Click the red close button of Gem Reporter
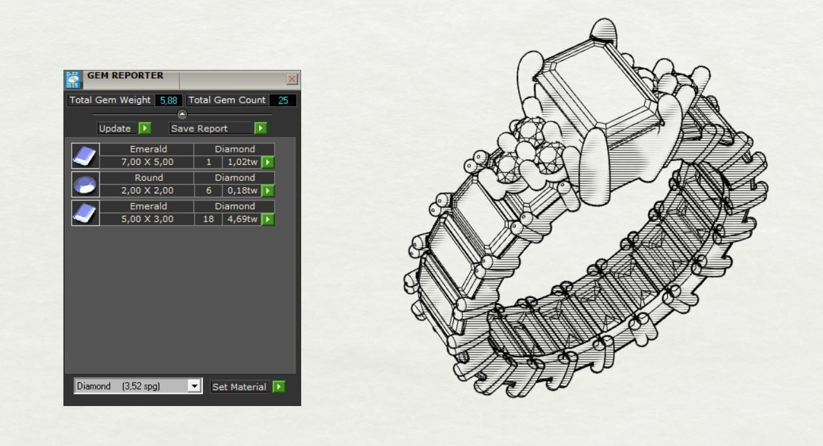coord(292,79)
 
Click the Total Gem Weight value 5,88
coord(169,100)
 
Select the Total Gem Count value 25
coord(283,100)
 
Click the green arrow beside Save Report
coord(260,128)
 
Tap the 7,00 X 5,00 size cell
coord(147,162)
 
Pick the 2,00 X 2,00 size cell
coord(147,191)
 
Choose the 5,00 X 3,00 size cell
coord(147,220)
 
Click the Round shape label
coord(148,178)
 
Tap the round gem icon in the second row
coord(85,185)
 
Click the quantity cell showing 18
coord(208,220)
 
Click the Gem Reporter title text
coord(125,75)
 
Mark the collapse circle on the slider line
coord(182,115)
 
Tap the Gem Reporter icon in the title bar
coord(73,79)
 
